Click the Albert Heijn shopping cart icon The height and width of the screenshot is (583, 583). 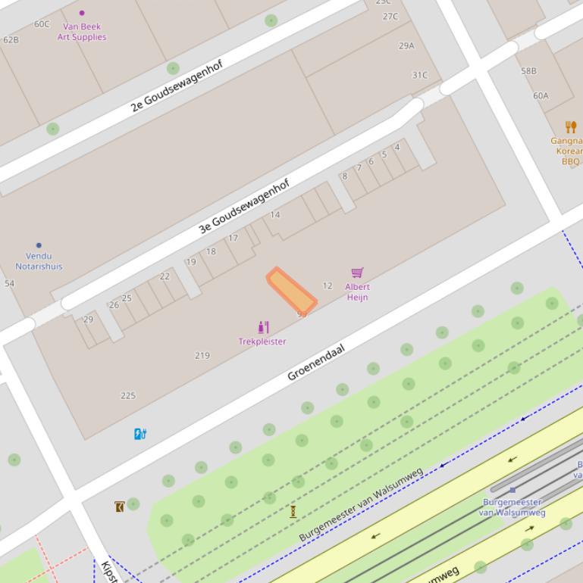[x=357, y=273]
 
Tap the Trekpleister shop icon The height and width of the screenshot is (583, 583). [x=263, y=327]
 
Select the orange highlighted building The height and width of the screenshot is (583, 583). [x=290, y=289]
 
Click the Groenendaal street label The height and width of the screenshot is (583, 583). [x=316, y=362]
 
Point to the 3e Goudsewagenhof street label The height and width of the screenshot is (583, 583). [x=243, y=206]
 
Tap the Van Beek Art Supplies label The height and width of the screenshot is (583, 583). [x=82, y=31]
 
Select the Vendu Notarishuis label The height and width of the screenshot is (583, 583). [x=39, y=261]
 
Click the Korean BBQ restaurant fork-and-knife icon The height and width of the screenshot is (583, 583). [x=571, y=127]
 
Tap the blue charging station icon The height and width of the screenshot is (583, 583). [x=140, y=434]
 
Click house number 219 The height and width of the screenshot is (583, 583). [x=202, y=355]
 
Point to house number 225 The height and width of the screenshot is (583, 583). [x=128, y=395]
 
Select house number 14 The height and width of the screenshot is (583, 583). [x=274, y=215]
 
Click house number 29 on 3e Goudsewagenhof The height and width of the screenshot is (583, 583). [x=88, y=320]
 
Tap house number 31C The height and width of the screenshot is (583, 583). [x=419, y=75]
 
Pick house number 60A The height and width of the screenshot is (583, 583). [x=541, y=96]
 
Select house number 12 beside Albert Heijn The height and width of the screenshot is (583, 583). [x=328, y=286]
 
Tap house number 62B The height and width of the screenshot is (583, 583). [x=11, y=39]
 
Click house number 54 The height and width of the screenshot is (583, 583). [x=9, y=284]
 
